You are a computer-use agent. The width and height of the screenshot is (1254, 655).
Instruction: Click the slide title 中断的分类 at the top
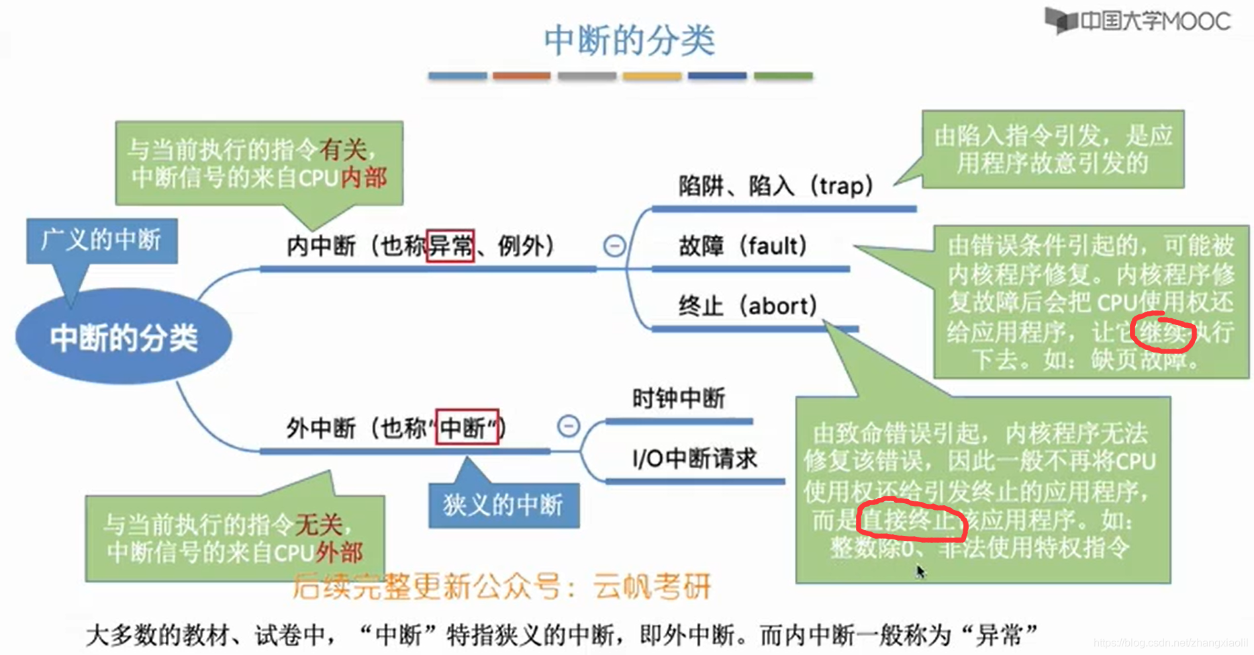[629, 40]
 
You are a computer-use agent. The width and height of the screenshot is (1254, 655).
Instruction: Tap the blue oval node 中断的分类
[124, 337]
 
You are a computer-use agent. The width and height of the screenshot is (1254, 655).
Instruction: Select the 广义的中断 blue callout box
[102, 240]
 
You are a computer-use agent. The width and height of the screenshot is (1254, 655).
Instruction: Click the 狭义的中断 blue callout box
[503, 505]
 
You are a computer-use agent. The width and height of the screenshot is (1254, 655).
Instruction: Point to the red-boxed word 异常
[450, 246]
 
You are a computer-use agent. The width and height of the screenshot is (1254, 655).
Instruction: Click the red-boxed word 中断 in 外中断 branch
[467, 427]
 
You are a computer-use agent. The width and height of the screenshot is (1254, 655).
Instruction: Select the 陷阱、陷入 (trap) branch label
[775, 185]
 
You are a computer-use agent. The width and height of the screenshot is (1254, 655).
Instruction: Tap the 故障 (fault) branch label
[742, 246]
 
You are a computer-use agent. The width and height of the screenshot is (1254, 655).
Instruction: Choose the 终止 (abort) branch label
[747, 306]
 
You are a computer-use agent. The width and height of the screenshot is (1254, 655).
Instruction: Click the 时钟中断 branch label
[679, 398]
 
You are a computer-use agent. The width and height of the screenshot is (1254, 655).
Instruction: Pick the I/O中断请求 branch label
[694, 459]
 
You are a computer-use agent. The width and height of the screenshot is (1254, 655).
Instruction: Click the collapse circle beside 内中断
[614, 246]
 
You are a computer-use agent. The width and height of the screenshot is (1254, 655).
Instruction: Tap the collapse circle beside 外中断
[569, 426]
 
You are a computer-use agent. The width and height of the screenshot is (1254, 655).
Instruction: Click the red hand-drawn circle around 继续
[1163, 332]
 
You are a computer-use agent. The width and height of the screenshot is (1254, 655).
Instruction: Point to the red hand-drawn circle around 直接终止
[912, 519]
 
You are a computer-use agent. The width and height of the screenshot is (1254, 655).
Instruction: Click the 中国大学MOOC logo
[1139, 21]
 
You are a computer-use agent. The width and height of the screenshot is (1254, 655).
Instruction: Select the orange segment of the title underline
[522, 76]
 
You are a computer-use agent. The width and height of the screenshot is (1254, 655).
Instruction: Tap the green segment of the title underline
[783, 76]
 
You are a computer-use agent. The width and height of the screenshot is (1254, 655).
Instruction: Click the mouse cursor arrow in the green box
[920, 571]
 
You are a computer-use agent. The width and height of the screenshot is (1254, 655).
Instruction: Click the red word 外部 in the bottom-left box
[340, 552]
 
